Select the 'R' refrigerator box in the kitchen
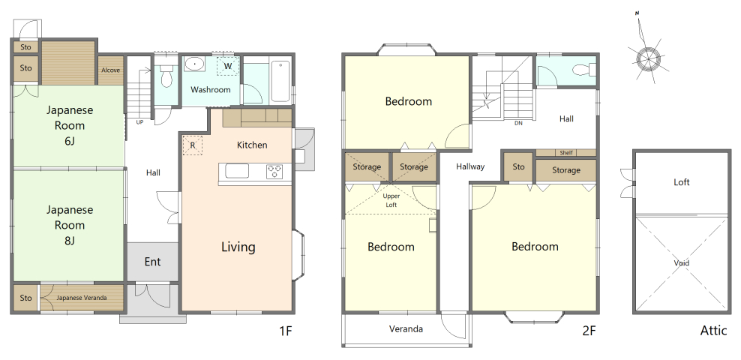pos(192,145)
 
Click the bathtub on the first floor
pos(280,81)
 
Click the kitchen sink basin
pos(237,171)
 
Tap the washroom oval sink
pos(193,64)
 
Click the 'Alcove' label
pos(110,70)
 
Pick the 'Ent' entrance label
pos(153,262)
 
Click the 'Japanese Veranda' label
pos(82,298)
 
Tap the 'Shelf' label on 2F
pos(566,152)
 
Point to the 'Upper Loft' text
pos(391,200)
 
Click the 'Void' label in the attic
pos(682,263)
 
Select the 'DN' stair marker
pos(519,123)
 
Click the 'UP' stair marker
pos(139,122)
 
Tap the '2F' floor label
pos(589,330)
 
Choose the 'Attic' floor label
pos(713,330)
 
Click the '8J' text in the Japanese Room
pos(69,241)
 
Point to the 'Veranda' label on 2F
pos(406,329)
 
